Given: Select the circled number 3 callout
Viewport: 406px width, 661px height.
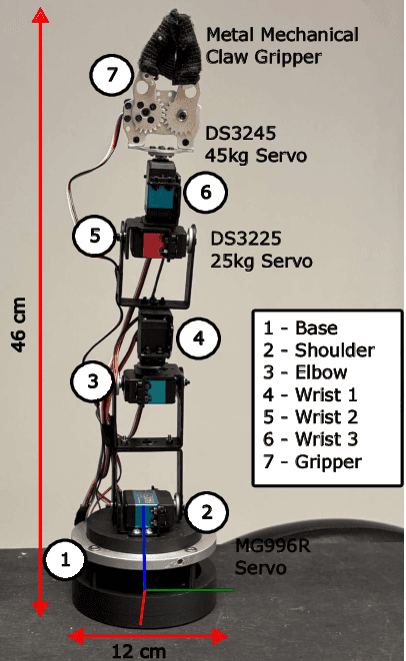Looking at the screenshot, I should point(92,380).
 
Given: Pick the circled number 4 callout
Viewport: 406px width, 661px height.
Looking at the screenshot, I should point(199,338).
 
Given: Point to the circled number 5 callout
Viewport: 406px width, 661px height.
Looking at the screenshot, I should point(94,237).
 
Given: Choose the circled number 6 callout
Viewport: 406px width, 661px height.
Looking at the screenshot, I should point(205,192).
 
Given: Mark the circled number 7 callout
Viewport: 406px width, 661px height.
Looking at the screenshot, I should point(110,74).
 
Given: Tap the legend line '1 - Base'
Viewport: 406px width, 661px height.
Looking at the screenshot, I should point(299,329).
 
